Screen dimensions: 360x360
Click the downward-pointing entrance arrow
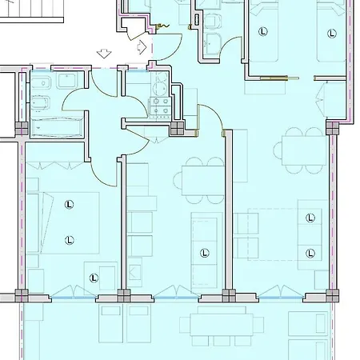104,54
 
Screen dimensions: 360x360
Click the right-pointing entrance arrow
142,47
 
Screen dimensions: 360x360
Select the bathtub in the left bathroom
56,127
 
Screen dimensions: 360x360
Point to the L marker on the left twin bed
263,32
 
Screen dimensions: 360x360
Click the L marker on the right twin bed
331,34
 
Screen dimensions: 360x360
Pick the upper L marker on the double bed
69,205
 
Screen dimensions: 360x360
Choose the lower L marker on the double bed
70,240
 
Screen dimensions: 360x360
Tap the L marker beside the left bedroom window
94,278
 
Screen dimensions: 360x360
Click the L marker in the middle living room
205,253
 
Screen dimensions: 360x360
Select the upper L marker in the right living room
310,218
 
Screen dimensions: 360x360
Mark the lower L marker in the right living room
310,253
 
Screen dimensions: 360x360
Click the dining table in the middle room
203,181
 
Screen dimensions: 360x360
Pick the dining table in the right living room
305,150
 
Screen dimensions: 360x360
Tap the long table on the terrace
222,325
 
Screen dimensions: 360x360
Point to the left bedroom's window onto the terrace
74,297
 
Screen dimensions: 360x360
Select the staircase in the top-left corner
32,11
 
